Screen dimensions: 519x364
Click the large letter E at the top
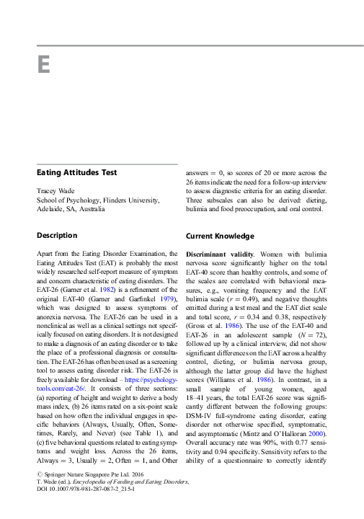pyautogui.click(x=43, y=65)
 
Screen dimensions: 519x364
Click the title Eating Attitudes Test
pyautogui.click(x=77, y=173)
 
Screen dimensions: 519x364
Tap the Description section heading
pyautogui.click(x=57, y=236)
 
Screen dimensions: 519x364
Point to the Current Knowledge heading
pyautogui.click(x=220, y=236)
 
